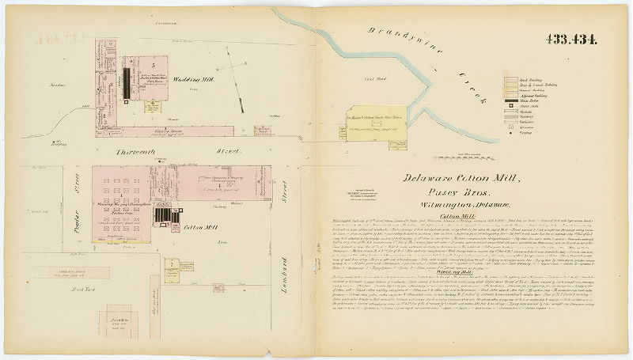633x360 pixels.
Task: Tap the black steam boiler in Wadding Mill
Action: (x=126, y=82)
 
